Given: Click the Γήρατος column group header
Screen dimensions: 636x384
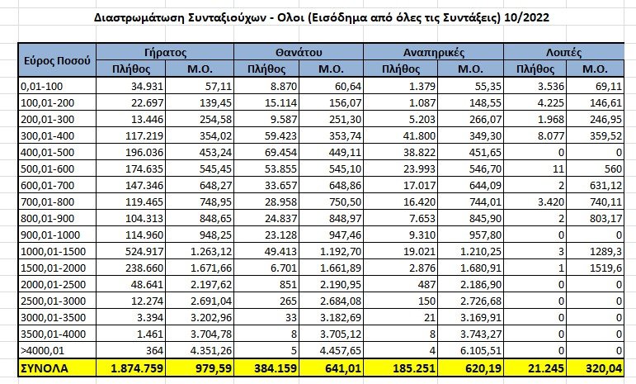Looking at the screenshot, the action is click(165, 52).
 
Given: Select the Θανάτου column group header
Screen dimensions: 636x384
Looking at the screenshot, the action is click(299, 52).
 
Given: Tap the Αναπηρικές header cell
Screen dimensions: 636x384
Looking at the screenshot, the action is click(434, 52).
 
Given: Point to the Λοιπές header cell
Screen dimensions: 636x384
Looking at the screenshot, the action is click(563, 52).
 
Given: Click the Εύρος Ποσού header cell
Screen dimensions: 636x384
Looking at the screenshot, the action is click(57, 60).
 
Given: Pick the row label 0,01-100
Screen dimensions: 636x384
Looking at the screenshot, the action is click(42, 87).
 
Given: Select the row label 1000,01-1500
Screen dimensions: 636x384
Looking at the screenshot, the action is click(53, 252).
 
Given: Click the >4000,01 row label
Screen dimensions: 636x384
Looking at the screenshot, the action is click(43, 350).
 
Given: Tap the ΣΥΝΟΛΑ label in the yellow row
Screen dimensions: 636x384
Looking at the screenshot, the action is click(45, 368).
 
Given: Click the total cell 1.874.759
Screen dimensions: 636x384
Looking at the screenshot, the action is click(137, 368).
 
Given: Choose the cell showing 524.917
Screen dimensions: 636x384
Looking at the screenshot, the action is click(145, 252).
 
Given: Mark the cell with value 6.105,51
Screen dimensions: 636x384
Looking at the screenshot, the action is click(481, 350).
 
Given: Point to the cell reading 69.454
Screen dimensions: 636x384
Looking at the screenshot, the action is click(280, 153).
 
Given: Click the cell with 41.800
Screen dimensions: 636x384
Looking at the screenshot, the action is click(419, 136).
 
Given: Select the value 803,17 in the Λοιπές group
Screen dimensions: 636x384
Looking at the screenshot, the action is click(606, 219).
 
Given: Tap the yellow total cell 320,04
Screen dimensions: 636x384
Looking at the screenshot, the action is click(604, 368).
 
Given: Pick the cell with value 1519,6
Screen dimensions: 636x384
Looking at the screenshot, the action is click(606, 268).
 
